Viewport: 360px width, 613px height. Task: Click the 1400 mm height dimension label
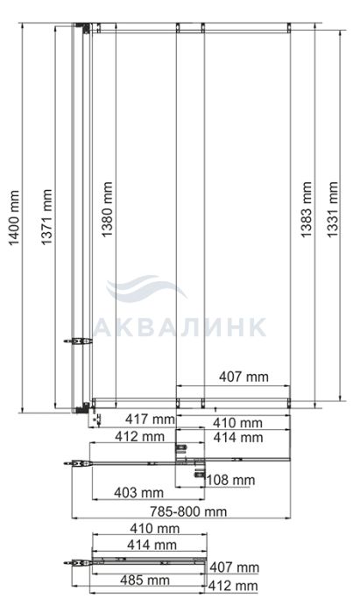(x=14, y=218)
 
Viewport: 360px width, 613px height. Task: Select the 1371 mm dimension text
(x=46, y=217)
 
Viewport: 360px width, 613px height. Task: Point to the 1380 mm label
(x=107, y=209)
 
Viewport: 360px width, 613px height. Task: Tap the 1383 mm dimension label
(x=307, y=209)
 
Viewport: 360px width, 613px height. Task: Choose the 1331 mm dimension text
(x=332, y=209)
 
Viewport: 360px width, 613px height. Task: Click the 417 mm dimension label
(x=150, y=419)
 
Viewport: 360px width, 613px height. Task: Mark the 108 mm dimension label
(x=230, y=480)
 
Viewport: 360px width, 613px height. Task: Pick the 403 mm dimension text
(x=138, y=492)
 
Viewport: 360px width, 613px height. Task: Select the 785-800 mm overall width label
(x=188, y=511)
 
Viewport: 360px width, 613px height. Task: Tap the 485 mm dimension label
(x=145, y=580)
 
